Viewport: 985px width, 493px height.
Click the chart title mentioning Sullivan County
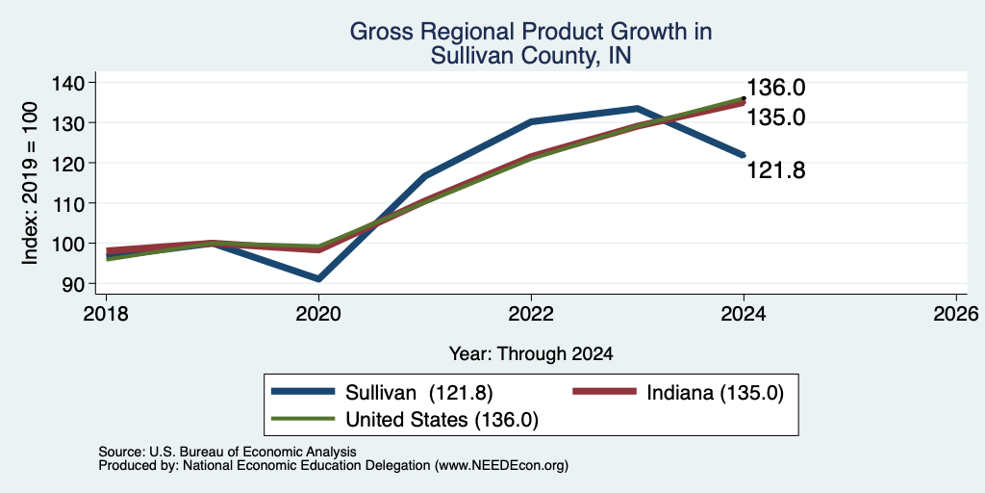point(531,43)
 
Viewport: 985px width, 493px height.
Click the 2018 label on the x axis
point(106,313)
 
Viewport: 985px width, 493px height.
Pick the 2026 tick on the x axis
point(956,313)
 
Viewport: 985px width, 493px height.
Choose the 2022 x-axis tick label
point(531,313)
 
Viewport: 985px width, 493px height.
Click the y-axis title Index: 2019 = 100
point(31,184)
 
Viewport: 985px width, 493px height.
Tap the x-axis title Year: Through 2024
point(531,354)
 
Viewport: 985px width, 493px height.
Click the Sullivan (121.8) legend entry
point(382,393)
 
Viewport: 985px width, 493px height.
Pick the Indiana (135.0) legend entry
point(678,393)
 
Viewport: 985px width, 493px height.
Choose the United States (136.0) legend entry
point(405,420)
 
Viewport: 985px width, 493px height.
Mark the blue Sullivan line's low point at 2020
point(319,278)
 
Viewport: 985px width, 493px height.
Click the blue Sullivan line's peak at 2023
point(637,109)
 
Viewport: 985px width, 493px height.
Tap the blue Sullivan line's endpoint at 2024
point(744,155)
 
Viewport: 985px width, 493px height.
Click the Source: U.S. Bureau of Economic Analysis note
point(227,453)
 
